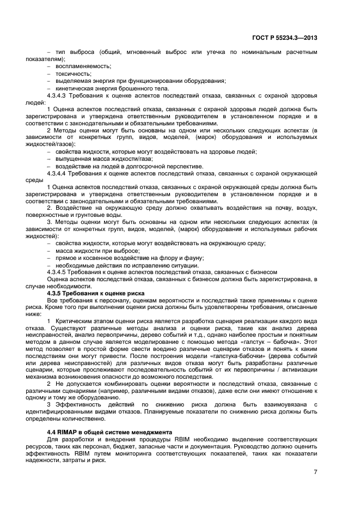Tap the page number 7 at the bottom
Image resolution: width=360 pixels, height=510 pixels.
[x=315, y=472]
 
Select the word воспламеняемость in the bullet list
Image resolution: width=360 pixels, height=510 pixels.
[x=83, y=66]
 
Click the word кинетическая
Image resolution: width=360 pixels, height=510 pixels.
[x=77, y=88]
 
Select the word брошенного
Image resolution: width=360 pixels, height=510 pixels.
[x=136, y=88]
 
